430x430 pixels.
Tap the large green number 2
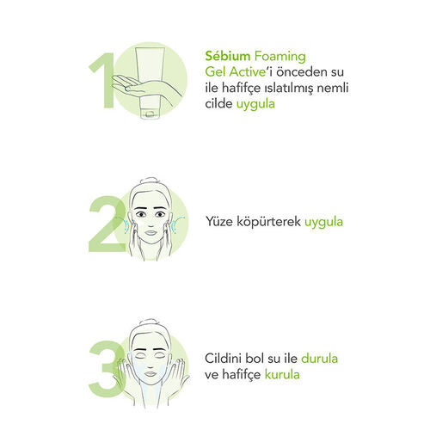[107, 224]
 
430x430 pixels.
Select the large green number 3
[107, 369]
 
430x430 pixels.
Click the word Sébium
[228, 56]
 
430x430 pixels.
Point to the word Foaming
[280, 57]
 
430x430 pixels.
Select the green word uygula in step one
[255, 104]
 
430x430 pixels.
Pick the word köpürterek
[268, 222]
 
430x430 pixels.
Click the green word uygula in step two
[323, 223]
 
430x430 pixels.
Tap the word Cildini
[225, 359]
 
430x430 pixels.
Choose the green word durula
[319, 359]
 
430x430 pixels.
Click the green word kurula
[282, 374]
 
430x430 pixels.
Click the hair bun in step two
[151, 181]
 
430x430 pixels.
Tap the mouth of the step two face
[150, 232]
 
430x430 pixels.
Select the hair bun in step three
[150, 322]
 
